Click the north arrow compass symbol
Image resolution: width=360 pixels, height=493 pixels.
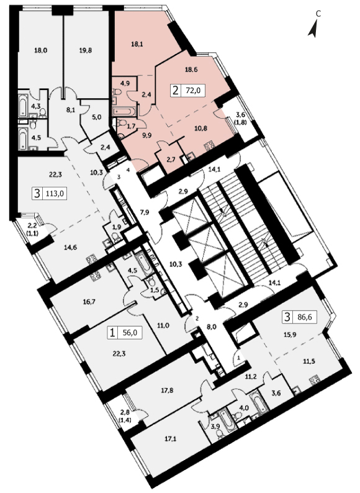[x=313, y=29]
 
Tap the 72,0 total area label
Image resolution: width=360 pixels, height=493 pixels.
[x=193, y=91]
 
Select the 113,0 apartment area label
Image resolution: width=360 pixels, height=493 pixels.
[x=55, y=193]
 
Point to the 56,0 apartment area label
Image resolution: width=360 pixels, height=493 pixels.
[x=130, y=333]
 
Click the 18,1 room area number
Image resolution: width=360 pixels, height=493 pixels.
[x=137, y=44]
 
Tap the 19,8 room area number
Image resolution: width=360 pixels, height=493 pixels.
[x=86, y=50]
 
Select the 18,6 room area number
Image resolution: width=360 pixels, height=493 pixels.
[x=191, y=70]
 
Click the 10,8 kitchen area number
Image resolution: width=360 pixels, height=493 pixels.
[x=200, y=129]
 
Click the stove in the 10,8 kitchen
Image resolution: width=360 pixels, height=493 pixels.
[x=209, y=147]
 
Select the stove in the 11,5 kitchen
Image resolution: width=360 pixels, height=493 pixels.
[x=315, y=381]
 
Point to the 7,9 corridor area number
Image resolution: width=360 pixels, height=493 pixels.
[x=145, y=212]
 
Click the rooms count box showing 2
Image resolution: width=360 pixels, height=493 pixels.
[x=176, y=91]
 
